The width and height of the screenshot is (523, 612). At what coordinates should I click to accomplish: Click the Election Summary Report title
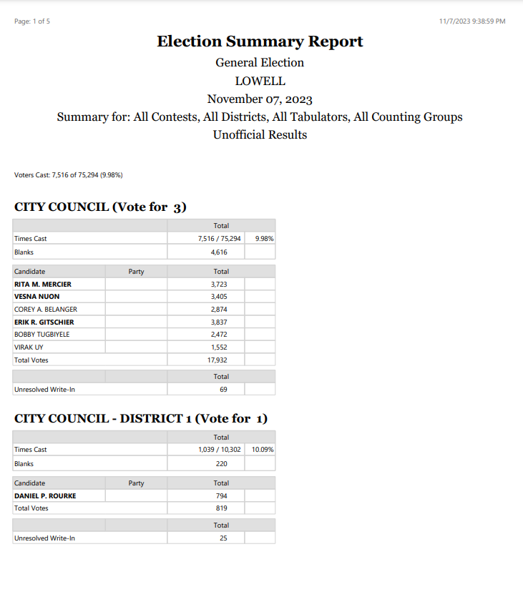(260, 41)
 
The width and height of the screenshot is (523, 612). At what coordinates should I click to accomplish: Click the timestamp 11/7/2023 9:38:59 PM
(472, 21)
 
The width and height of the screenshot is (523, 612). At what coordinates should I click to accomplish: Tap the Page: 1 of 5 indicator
(32, 21)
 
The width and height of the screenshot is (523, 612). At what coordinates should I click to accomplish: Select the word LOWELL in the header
(260, 81)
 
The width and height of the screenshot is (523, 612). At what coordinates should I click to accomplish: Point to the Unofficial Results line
(260, 134)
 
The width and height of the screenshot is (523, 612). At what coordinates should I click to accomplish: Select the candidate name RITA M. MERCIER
(43, 284)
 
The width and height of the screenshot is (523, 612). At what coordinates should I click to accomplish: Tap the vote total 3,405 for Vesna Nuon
(220, 297)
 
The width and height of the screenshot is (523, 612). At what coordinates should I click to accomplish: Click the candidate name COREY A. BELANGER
(46, 310)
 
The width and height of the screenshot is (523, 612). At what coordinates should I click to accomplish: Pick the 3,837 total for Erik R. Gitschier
(220, 322)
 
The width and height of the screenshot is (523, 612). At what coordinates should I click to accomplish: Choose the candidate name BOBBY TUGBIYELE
(42, 335)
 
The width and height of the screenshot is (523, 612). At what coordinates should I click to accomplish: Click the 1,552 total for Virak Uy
(220, 347)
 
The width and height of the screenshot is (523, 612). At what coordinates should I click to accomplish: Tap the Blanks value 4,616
(220, 252)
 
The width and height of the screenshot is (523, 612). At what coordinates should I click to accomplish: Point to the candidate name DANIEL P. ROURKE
(45, 495)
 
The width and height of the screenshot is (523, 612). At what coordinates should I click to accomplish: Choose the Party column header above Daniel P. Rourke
(136, 483)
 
